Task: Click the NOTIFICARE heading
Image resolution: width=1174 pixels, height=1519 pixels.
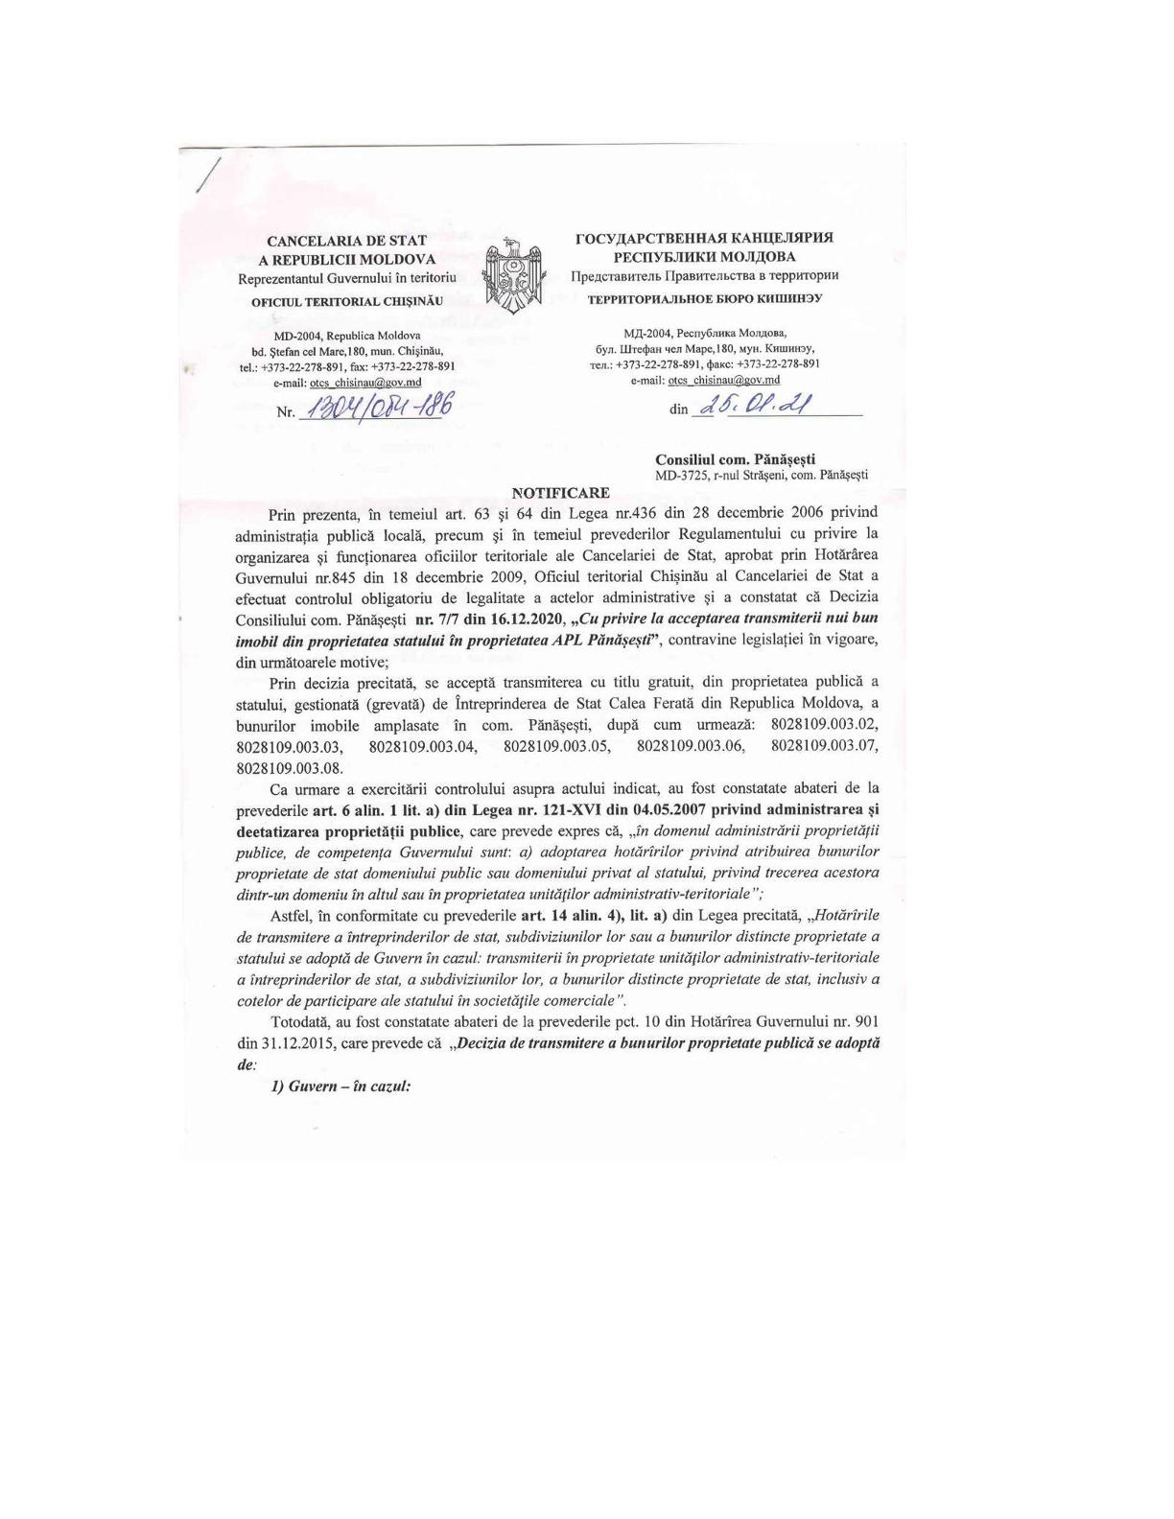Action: point(561,493)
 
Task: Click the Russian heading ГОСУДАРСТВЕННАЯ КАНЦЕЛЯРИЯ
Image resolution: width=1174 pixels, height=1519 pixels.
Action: point(704,237)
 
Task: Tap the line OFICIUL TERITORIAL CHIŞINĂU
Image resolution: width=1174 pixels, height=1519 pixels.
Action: point(347,301)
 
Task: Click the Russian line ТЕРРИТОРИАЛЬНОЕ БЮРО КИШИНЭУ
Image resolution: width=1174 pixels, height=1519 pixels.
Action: point(704,298)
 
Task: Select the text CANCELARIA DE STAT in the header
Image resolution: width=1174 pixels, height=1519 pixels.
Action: point(347,241)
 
